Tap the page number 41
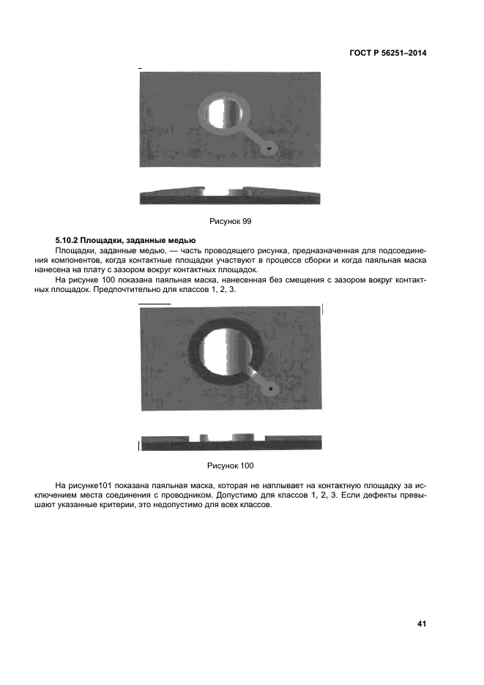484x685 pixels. coord(421,624)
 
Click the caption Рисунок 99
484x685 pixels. coord(231,220)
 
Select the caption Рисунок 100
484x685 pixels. coord(231,465)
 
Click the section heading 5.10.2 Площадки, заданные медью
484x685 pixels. coord(125,240)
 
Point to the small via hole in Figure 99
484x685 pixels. coord(270,147)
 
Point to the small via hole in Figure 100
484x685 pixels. coord(271,388)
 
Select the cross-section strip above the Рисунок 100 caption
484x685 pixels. coord(230,441)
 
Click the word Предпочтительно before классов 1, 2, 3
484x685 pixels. coord(197,291)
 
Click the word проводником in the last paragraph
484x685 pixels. coord(239,495)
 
